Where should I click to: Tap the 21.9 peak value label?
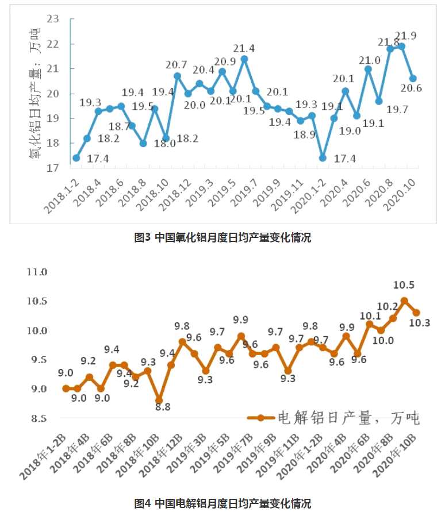405,36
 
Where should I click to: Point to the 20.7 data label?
176,64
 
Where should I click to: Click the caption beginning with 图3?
222,237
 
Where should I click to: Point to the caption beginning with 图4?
222,503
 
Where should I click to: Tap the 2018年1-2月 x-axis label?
44,457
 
